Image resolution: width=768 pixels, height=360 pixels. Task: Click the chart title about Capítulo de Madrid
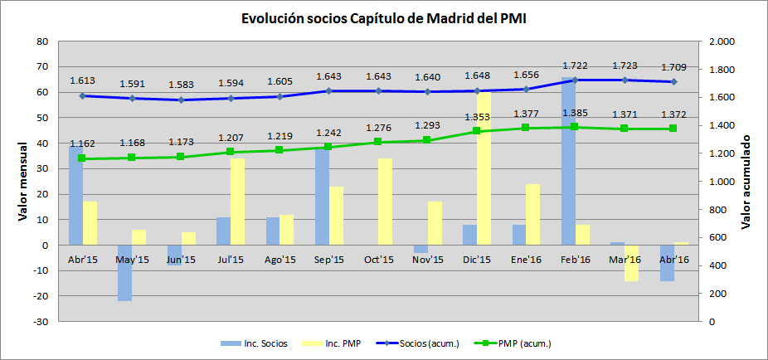383,17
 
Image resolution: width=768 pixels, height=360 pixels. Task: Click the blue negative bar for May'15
124,272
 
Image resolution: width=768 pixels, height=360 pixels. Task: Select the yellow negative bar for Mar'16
632,263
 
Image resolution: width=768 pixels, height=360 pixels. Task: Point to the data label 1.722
576,65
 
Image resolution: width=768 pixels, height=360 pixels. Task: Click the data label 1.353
477,117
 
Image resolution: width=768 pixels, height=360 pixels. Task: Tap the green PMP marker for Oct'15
378,142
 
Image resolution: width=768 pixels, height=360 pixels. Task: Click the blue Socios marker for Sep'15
328,91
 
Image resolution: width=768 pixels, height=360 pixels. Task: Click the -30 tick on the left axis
41,321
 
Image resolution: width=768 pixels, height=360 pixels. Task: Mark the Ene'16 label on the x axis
526,260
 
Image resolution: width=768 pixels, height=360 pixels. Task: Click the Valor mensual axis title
22,181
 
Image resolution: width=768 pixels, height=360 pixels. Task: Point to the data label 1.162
82,144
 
